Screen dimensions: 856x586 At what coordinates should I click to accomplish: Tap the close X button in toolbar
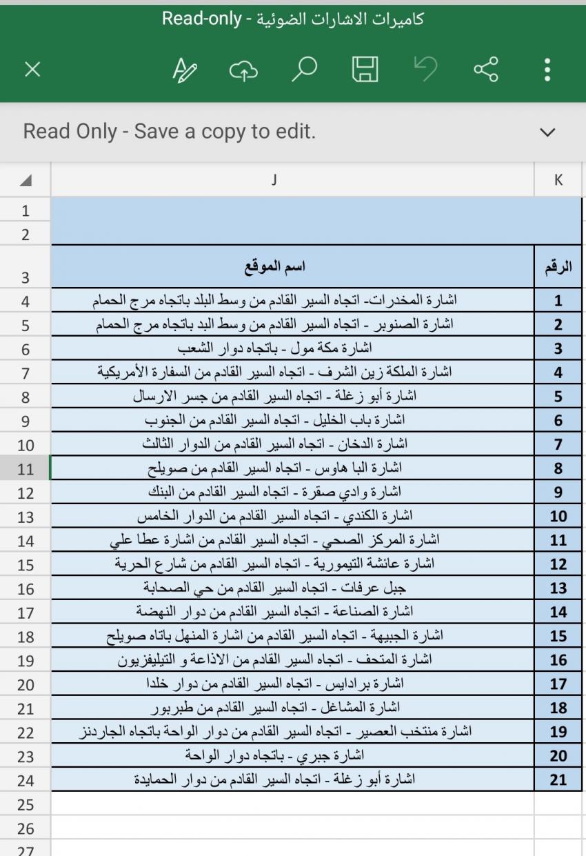pos(32,69)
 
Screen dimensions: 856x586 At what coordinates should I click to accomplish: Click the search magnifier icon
pos(304,69)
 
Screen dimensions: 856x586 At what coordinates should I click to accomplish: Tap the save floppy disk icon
pos(365,69)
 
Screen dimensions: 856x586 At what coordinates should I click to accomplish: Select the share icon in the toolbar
pos(486,69)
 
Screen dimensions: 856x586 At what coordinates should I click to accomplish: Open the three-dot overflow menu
pos(547,69)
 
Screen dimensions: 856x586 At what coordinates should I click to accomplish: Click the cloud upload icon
pos(243,69)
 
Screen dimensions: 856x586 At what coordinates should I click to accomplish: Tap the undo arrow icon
pos(425,69)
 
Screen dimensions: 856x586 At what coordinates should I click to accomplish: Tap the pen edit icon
pos(184,69)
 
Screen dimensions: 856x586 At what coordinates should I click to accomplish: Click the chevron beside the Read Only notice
pos(547,132)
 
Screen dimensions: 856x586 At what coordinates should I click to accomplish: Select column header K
pos(558,180)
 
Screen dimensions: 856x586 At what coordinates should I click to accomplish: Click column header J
pos(274,180)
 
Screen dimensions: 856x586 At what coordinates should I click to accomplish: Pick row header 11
pos(26,469)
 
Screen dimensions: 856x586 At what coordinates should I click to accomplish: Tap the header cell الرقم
pos(558,266)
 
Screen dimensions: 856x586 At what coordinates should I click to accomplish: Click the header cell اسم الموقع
pos(276,266)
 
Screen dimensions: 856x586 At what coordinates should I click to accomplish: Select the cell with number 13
pos(558,588)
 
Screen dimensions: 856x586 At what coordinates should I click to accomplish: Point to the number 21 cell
pos(558,780)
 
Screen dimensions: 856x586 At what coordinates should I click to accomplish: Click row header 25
pos(26,804)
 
